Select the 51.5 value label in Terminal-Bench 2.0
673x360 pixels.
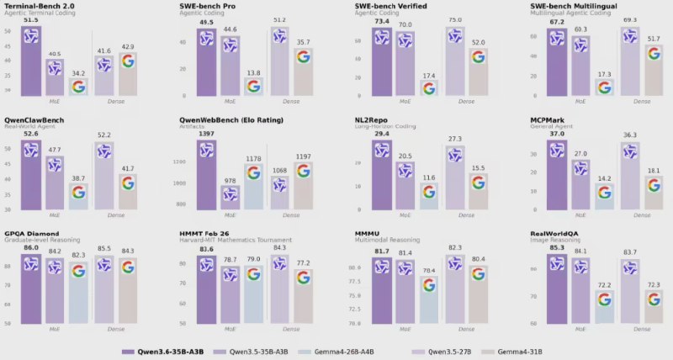pos(31,20)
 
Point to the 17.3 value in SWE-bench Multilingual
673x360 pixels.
pos(603,74)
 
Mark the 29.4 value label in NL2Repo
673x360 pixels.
pos(382,134)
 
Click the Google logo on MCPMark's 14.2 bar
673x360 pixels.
pos(603,193)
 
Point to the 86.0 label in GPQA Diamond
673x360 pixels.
pos(31,247)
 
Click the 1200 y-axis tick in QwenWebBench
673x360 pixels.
pos(182,161)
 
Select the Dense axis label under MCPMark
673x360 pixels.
pos(642,215)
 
